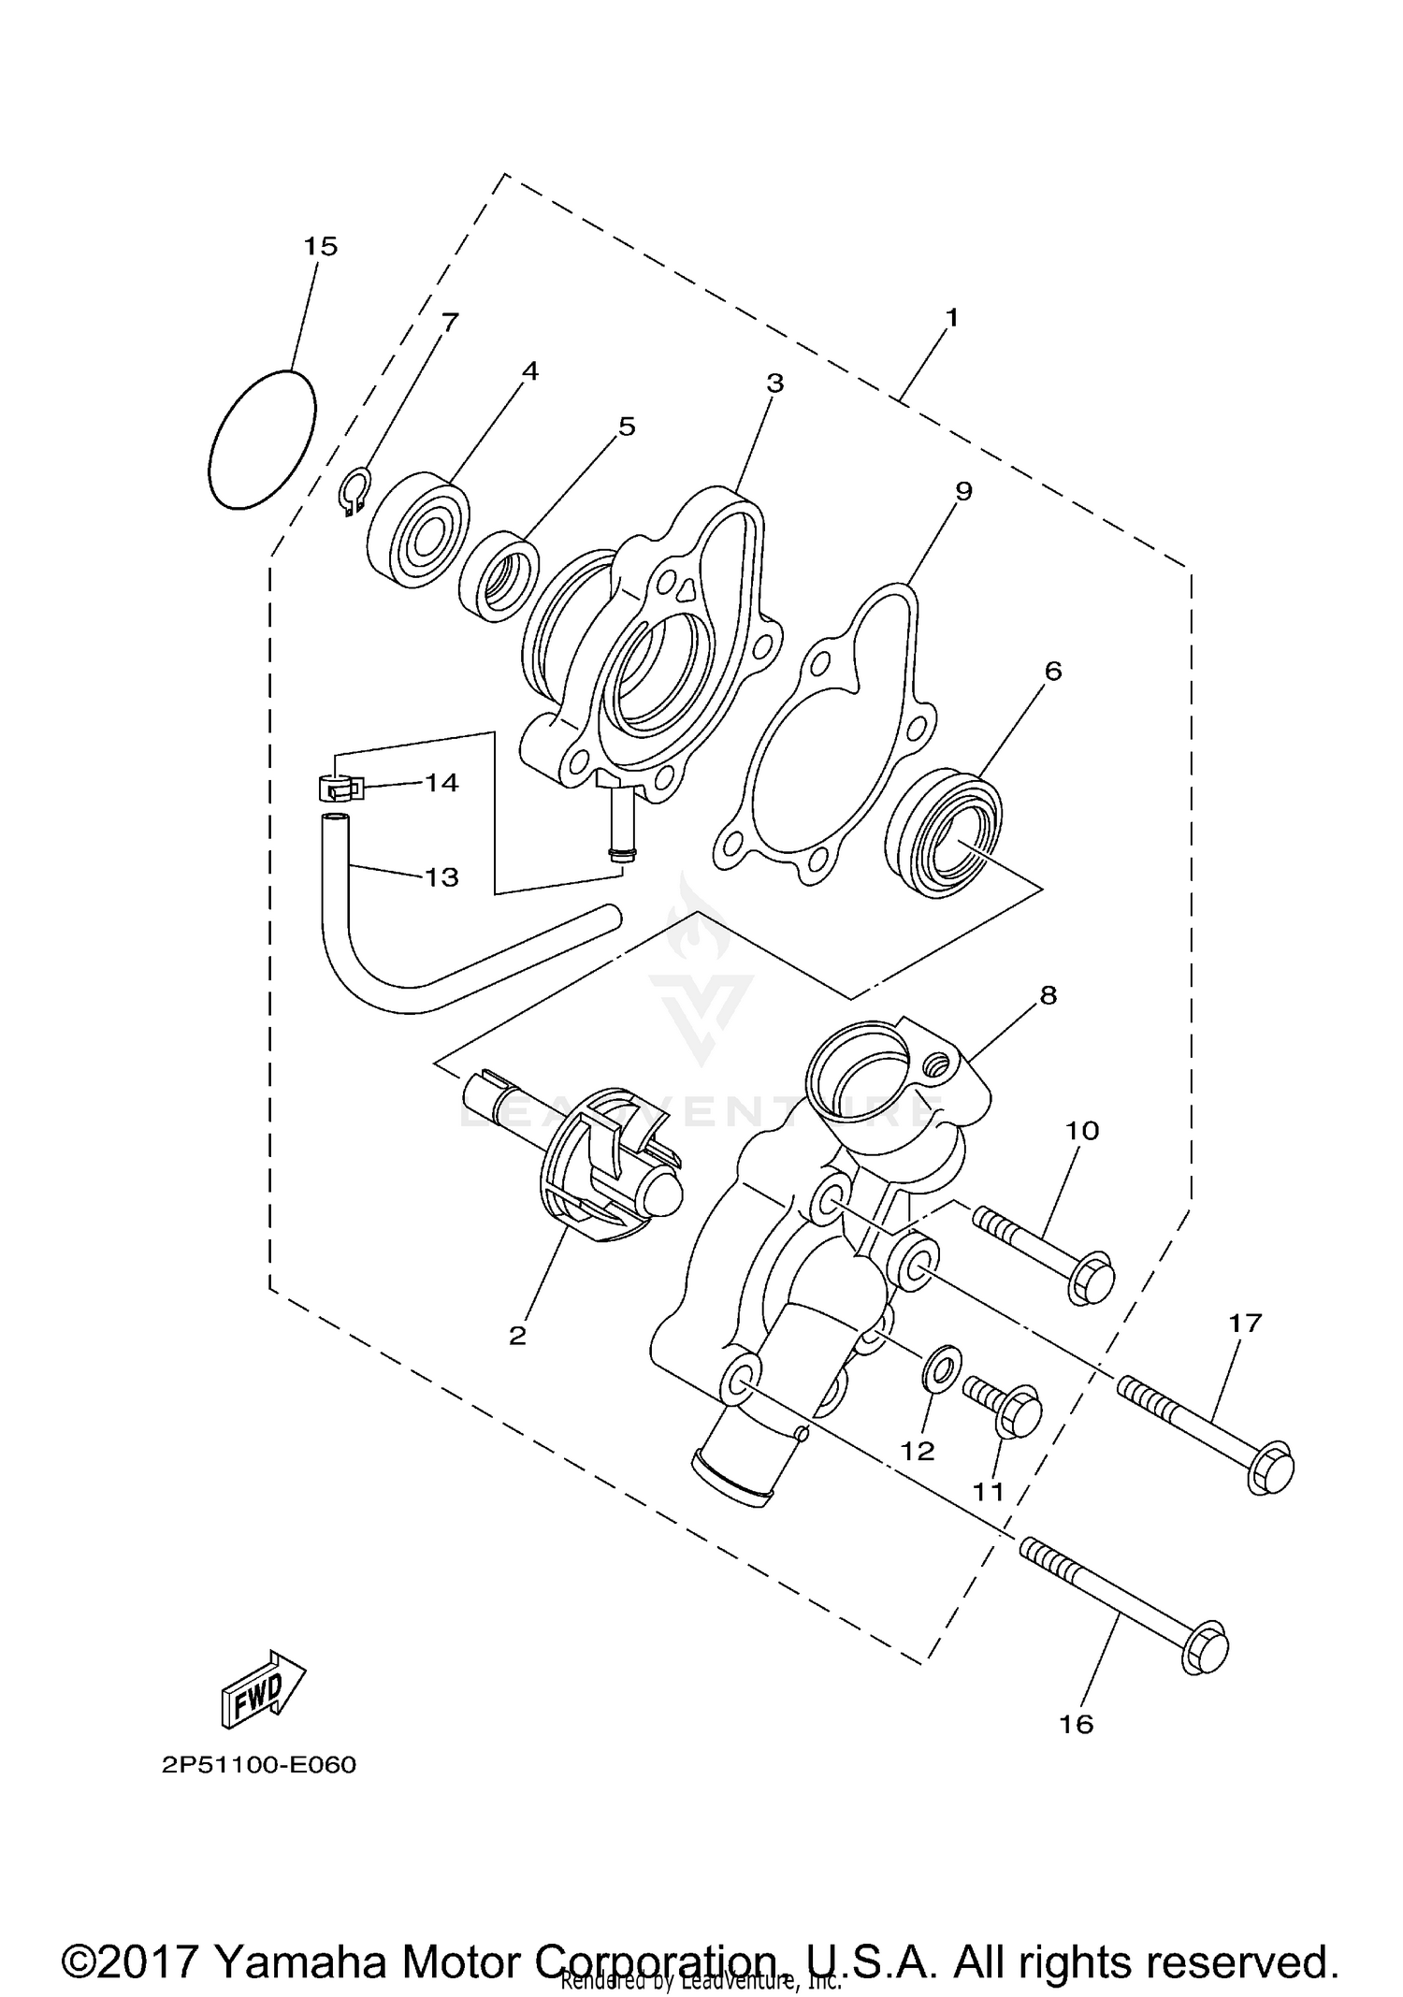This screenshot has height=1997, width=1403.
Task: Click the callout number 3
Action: click(x=774, y=383)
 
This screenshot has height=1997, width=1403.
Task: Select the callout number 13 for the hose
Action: click(x=441, y=877)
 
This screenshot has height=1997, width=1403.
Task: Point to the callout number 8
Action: click(x=1049, y=995)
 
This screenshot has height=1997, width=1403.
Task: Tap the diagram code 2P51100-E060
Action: click(x=259, y=1765)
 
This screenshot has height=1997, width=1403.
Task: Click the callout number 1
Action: click(x=951, y=318)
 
